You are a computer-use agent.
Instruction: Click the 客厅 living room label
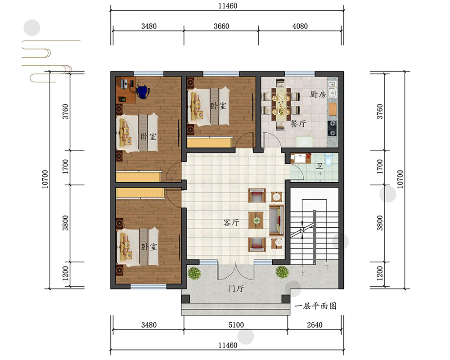click(231, 222)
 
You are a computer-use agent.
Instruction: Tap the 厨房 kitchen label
click(317, 94)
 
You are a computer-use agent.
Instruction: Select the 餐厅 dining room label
click(298, 124)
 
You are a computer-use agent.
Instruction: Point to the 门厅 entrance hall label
click(236, 288)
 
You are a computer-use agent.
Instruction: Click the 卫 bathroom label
click(319, 166)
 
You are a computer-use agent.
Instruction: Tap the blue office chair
click(143, 91)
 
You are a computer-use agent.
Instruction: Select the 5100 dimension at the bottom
click(236, 325)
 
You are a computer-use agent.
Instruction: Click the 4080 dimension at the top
click(300, 26)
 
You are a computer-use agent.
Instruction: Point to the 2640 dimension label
click(315, 325)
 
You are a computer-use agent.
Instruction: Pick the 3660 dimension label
click(221, 26)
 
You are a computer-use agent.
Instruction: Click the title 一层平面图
click(315, 306)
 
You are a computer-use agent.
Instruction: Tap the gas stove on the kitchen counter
click(333, 128)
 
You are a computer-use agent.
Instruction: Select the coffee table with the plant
click(256, 220)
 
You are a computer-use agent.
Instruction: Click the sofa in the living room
click(276, 220)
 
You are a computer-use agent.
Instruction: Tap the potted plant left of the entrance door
click(194, 273)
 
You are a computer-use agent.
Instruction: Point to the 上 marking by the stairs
click(302, 274)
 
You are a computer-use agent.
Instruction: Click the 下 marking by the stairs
click(327, 268)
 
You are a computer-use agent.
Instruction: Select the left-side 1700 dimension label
click(66, 166)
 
